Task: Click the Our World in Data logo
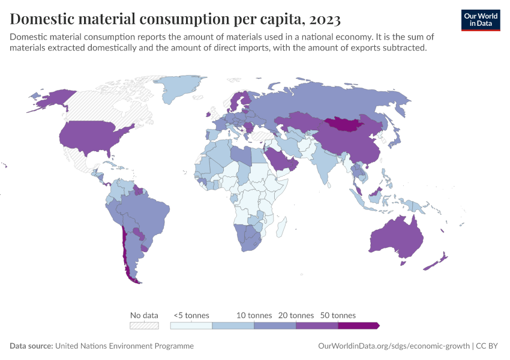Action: (x=481, y=20)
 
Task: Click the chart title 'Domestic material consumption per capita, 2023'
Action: (x=175, y=19)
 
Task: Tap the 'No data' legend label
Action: (x=144, y=315)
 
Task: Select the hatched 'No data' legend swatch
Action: (x=145, y=326)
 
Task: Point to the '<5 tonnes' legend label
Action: (x=191, y=315)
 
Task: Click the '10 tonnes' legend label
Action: (x=254, y=315)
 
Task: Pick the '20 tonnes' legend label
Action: (x=296, y=315)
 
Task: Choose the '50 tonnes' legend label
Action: (x=338, y=315)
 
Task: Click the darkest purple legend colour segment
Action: (x=358, y=326)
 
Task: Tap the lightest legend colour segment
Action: (x=191, y=326)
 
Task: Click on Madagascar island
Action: (x=280, y=228)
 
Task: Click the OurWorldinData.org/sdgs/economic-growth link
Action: (x=392, y=346)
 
